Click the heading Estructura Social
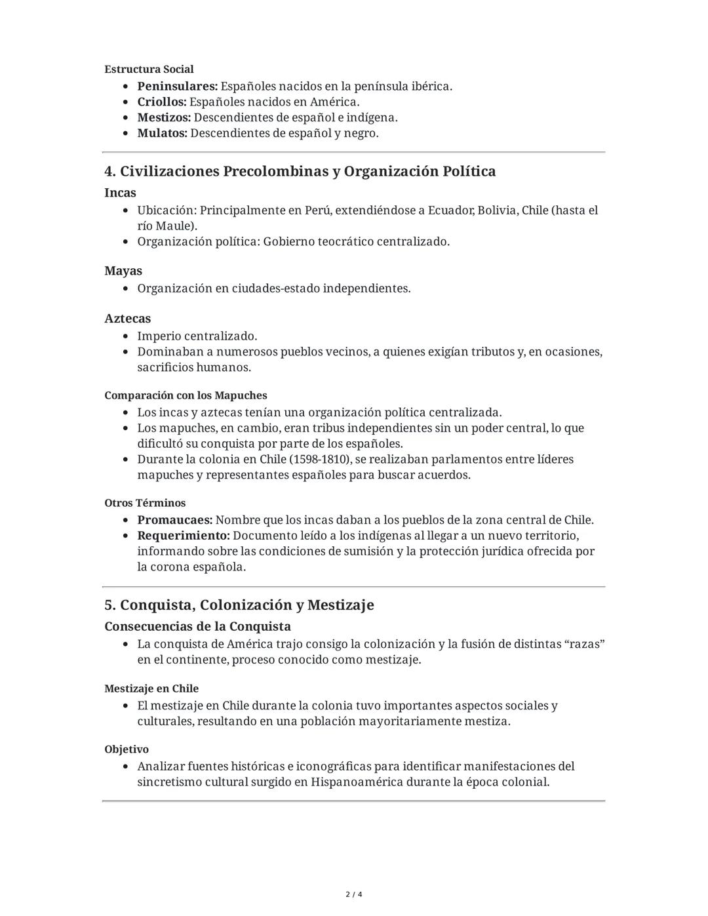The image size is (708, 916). click(149, 70)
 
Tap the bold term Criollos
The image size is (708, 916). click(161, 102)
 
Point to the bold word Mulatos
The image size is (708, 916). click(162, 134)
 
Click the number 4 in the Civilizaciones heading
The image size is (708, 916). click(109, 172)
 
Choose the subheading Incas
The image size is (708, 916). click(120, 193)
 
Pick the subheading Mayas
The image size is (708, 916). click(123, 271)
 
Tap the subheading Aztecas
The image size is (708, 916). click(127, 319)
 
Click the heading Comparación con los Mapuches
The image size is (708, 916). click(186, 396)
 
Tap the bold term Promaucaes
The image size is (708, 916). click(174, 520)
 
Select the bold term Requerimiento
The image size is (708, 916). click(183, 536)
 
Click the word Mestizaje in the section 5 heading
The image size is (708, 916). click(340, 605)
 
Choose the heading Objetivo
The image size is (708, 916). click(127, 749)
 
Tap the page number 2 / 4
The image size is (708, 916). click(354, 894)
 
